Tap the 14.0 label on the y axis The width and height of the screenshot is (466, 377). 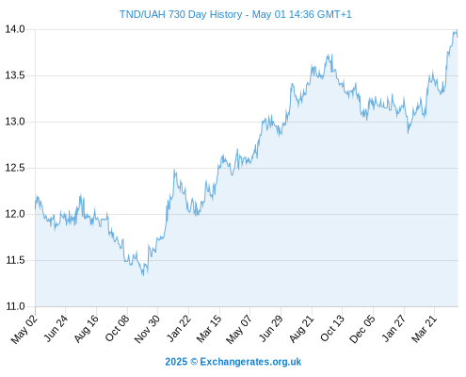click(15, 29)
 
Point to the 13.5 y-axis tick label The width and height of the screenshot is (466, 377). click(15, 75)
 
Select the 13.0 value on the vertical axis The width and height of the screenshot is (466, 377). click(15, 122)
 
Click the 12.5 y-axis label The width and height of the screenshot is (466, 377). click(15, 168)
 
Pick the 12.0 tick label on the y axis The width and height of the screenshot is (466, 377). click(15, 214)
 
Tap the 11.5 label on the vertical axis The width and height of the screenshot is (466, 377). click(15, 260)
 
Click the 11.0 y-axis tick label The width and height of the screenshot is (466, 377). click(15, 306)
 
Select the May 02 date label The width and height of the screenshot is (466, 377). click(24, 329)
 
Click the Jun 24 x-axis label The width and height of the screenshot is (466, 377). click(56, 329)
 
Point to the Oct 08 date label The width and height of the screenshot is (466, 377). click(117, 329)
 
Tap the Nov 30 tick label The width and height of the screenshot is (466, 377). click(147, 329)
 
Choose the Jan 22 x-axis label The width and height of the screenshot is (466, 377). click(179, 329)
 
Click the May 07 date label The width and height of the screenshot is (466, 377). click(239, 329)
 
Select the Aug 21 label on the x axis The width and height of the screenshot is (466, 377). click(301, 329)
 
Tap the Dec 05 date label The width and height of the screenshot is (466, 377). click(362, 329)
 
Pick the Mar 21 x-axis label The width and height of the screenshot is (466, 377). click(425, 329)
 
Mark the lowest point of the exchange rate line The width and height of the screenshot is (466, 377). click(143, 275)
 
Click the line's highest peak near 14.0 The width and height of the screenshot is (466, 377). click(457, 30)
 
